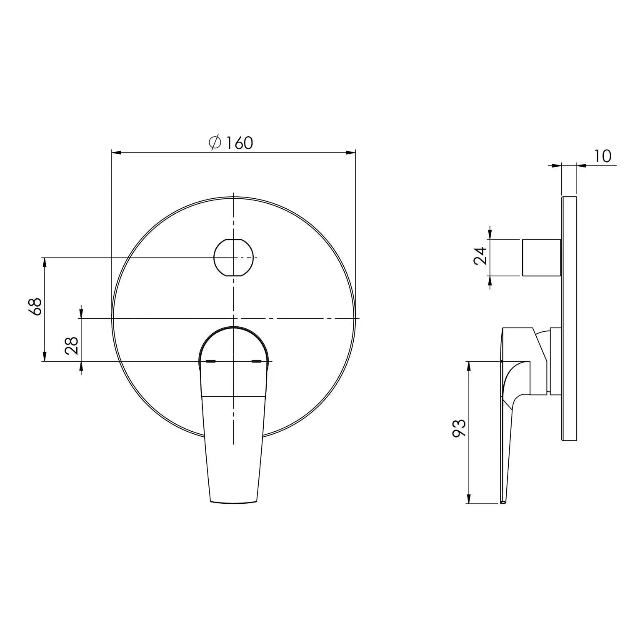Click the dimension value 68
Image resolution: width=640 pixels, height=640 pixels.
[x=37, y=306]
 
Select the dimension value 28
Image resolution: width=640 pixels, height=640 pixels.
[x=72, y=345]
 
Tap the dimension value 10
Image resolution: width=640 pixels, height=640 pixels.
[x=602, y=156]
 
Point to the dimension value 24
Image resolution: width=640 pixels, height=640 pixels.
[x=480, y=256]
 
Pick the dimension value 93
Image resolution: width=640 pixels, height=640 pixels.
[x=459, y=428]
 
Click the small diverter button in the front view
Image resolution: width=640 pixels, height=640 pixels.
[x=233, y=257]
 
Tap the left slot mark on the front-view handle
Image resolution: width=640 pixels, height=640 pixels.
[x=211, y=361]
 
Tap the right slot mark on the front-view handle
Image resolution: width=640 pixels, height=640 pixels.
[x=257, y=361]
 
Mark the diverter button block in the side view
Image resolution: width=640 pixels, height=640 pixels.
[x=541, y=257]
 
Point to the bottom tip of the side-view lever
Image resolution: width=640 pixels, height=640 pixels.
[x=503, y=502]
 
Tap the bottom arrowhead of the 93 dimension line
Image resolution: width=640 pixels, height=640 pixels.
[x=469, y=499]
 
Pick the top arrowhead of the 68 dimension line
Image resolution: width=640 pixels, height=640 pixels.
[x=45, y=262]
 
